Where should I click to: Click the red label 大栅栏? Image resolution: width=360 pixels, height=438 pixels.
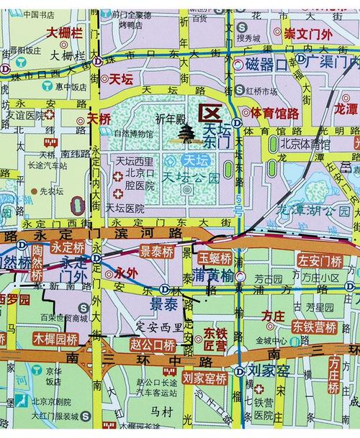click(66, 32)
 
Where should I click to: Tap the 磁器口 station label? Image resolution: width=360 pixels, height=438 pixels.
click(266, 64)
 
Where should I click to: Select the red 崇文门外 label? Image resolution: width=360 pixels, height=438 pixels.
click(308, 34)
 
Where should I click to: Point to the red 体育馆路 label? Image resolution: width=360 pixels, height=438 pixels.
click(274, 113)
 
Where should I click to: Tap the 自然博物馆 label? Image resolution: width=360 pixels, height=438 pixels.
click(132, 134)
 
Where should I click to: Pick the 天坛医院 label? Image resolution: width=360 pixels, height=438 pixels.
click(125, 208)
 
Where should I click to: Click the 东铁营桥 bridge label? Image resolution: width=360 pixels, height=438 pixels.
click(315, 327)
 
